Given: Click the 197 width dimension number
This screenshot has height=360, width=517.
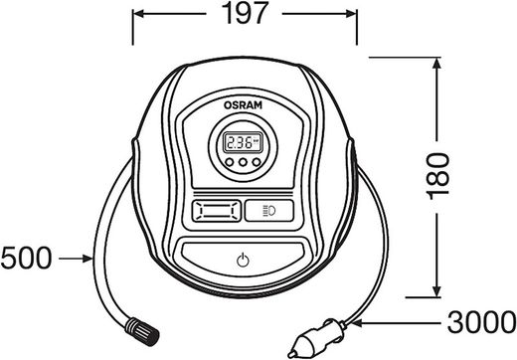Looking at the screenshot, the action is point(245,13).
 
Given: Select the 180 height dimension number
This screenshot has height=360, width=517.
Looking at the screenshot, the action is point(437,176).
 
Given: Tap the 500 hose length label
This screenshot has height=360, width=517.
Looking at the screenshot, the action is point(27,258).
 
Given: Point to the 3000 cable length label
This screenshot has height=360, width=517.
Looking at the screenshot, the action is point(481,322).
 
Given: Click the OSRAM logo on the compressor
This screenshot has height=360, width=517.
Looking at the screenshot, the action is point(243,105).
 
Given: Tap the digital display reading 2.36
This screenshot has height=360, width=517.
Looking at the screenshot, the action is point(243,142).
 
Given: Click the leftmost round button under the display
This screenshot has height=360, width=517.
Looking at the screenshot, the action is point(229,162).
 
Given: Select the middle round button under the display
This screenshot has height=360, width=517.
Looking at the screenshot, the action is point(243,162).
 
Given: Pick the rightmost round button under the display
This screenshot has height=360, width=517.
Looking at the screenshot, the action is point(257,162).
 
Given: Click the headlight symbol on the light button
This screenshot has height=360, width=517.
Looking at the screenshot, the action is point(268,211).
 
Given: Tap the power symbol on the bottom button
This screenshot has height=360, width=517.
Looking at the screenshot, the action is point(243,261).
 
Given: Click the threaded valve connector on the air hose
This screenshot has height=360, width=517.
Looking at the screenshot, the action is point(142,332).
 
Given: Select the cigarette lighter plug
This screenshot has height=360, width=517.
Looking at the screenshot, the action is point(316,338).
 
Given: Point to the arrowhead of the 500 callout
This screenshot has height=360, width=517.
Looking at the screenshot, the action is point(87,259).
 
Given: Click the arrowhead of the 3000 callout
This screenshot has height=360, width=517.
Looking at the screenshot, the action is point(357,322).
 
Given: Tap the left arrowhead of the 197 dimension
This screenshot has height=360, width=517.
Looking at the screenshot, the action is point(138,14).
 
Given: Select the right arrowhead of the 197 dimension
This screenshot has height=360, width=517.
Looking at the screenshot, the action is point(351,14).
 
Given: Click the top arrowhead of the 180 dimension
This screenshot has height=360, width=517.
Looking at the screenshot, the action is point(437,64).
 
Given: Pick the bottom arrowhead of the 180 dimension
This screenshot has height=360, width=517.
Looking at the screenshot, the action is point(437,290).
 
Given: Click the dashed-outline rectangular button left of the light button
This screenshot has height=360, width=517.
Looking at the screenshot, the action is point(216,211).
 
